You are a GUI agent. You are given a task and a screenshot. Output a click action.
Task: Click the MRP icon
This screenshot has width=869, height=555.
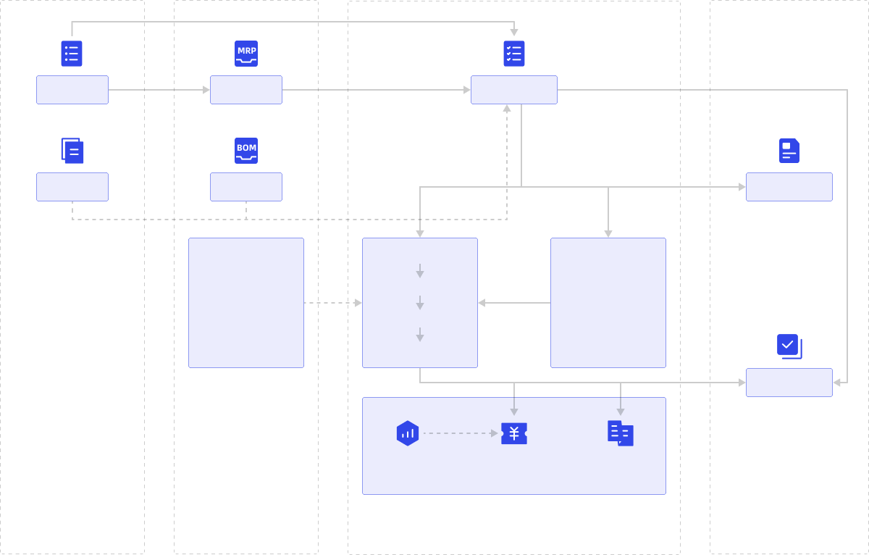point(246,53)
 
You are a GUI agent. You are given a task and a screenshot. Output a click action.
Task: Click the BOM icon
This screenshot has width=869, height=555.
point(246,150)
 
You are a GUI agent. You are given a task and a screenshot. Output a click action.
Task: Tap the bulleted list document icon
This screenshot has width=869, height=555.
point(72,53)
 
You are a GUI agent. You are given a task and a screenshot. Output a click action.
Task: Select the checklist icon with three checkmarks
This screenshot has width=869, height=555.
point(514,53)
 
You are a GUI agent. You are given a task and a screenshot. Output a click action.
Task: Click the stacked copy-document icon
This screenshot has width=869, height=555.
point(72,151)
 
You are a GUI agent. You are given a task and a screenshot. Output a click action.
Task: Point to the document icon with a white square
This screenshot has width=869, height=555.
point(789,151)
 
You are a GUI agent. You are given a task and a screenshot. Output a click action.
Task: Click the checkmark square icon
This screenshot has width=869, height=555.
point(789,346)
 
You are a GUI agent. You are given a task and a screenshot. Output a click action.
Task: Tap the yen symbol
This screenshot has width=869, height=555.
point(514,433)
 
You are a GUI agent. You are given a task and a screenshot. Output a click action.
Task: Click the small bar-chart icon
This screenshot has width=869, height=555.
point(408,433)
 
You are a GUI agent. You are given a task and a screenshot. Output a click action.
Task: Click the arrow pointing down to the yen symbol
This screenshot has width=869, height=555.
point(514,407)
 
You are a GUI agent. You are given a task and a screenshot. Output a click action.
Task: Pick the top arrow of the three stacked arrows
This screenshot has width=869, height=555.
point(420,271)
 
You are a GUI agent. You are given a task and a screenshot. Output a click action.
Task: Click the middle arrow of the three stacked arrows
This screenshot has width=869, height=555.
point(420,303)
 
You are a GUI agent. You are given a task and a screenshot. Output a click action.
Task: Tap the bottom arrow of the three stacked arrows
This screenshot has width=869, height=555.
point(420,335)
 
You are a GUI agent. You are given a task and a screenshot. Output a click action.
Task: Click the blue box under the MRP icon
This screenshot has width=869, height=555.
point(246,90)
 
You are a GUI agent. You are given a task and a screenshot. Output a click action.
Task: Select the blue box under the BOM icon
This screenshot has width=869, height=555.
point(246,187)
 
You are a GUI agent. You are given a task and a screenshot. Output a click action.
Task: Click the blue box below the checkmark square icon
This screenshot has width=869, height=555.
point(789,383)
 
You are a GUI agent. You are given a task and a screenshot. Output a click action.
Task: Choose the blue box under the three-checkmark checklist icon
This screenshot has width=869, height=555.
point(514,90)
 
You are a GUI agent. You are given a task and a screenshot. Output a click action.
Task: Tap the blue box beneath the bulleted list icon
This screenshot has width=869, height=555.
point(72,90)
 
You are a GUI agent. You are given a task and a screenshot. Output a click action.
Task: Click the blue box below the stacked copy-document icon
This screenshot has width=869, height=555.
point(72,187)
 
